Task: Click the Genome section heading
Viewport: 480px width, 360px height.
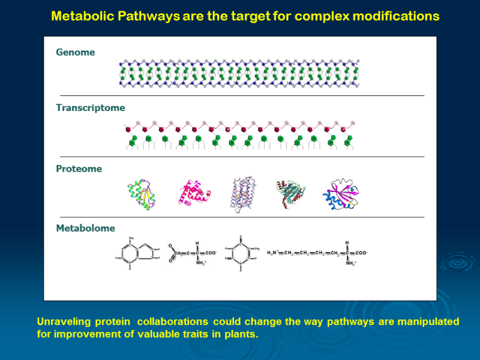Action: (x=76, y=52)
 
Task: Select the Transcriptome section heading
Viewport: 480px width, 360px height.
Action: (x=91, y=108)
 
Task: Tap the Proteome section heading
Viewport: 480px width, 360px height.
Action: (x=79, y=169)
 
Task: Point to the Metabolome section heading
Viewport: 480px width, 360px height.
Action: (x=85, y=228)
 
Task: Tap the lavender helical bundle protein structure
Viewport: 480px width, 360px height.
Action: (x=243, y=194)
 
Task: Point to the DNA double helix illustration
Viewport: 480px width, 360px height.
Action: (x=239, y=73)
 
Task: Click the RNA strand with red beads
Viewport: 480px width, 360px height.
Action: (x=239, y=128)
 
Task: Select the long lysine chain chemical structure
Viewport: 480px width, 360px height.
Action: (x=317, y=253)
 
